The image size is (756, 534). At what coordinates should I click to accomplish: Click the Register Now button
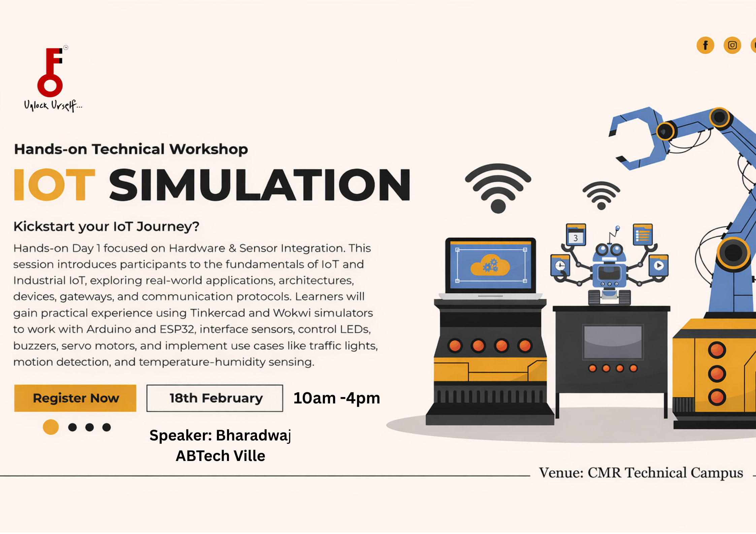(75, 398)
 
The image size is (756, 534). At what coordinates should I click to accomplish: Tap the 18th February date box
(215, 398)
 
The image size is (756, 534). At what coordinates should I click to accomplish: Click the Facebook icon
(705, 45)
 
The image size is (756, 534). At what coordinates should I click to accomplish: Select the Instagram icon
(732, 45)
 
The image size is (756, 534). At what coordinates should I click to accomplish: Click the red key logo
(51, 72)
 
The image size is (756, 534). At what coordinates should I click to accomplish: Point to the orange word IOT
(55, 184)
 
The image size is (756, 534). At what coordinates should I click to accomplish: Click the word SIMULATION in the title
(260, 184)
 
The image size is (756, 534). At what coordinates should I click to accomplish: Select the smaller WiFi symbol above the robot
(601, 195)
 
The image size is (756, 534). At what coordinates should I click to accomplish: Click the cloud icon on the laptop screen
(490, 265)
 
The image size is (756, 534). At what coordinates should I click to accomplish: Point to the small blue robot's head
(609, 252)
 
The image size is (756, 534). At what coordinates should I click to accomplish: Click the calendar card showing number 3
(576, 235)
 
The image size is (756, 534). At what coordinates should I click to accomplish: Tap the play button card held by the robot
(659, 265)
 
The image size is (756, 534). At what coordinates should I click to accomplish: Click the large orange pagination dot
(51, 427)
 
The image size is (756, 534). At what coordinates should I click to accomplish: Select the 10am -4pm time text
(337, 398)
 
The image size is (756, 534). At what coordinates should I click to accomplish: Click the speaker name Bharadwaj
(254, 435)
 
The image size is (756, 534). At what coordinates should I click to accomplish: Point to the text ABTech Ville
(221, 456)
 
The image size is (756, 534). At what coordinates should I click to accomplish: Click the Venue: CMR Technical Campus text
(641, 473)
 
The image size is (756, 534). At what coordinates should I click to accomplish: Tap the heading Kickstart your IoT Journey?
(106, 226)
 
